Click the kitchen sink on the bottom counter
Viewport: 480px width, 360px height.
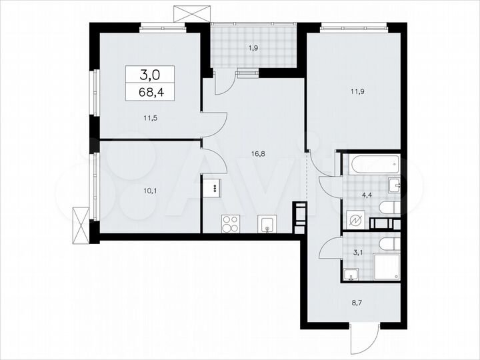267,224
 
